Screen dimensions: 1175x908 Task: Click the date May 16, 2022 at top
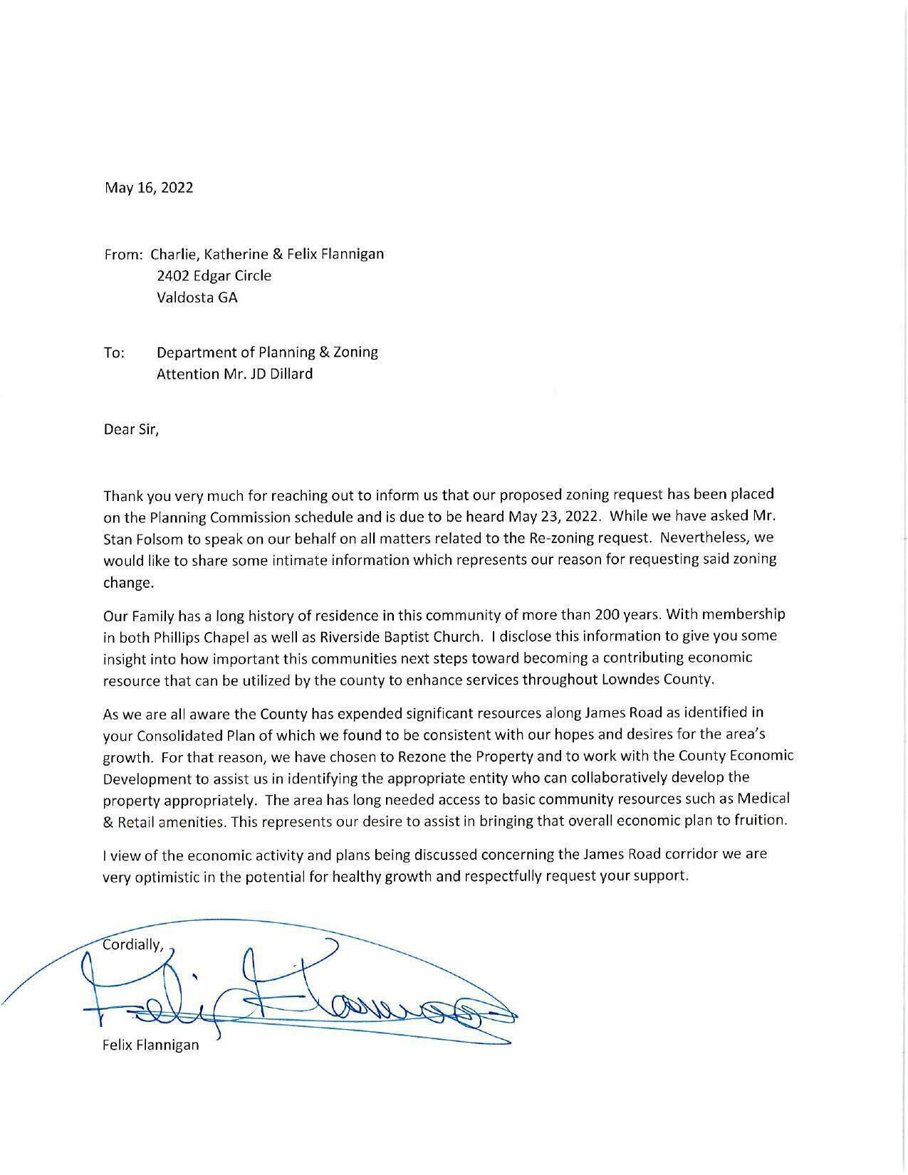149,188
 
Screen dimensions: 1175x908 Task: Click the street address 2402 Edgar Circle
214,275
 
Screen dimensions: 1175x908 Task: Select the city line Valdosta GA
197,297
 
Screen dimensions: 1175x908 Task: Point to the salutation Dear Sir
131,429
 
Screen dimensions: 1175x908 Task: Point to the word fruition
762,820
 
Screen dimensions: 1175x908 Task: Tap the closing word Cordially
133,945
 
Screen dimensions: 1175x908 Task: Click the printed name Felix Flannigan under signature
150,1045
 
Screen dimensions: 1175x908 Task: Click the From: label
124,255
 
